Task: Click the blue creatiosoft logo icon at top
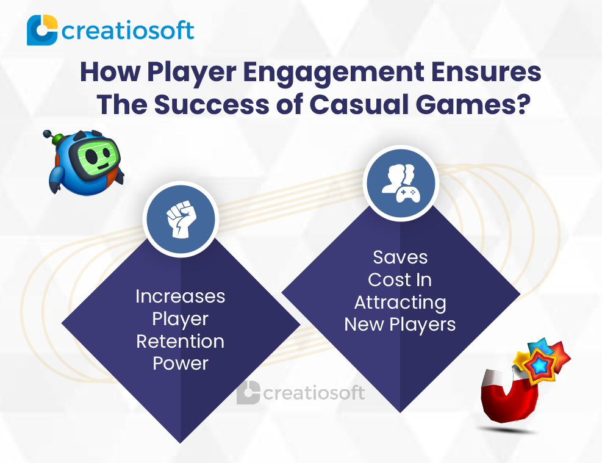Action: [x=42, y=30]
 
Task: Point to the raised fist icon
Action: [x=181, y=218]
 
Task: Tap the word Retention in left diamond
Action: [x=180, y=341]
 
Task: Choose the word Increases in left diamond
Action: [x=180, y=296]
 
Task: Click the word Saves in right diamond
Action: [x=400, y=257]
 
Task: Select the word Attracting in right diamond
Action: [x=400, y=303]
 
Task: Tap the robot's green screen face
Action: [x=96, y=156]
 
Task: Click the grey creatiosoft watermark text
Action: [x=314, y=393]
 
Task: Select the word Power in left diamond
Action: [x=181, y=363]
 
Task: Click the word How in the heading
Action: [x=110, y=72]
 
